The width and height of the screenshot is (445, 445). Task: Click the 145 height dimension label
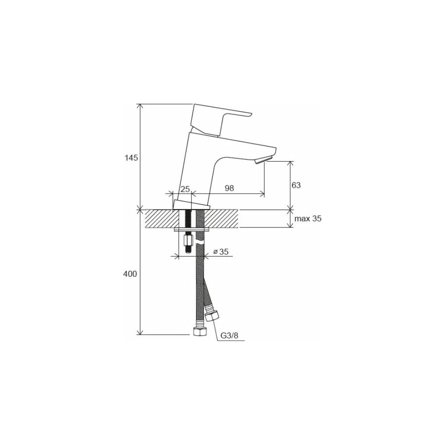click(x=131, y=158)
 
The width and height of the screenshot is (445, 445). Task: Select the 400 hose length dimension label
click(x=130, y=274)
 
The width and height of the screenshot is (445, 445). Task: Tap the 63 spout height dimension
click(x=296, y=185)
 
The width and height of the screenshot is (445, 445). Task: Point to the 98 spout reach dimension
click(x=229, y=188)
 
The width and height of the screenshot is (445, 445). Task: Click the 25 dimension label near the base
click(x=185, y=189)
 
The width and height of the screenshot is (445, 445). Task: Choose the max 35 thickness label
click(x=308, y=219)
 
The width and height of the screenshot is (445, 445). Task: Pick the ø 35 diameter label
click(x=221, y=252)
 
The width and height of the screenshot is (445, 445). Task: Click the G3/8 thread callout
click(x=230, y=336)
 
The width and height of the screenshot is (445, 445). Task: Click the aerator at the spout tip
click(x=264, y=160)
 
